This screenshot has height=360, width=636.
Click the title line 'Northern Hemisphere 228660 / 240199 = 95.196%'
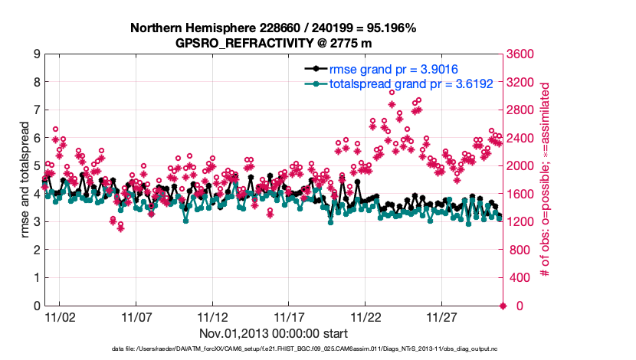[x=273, y=28]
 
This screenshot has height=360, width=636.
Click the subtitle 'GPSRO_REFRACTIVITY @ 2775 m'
[x=273, y=43]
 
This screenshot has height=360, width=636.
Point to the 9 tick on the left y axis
[x=36, y=54]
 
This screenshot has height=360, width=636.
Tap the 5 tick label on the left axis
[x=36, y=166]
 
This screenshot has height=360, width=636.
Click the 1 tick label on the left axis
[x=36, y=278]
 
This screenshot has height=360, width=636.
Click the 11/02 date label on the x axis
[x=59, y=317]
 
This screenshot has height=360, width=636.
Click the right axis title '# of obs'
[x=546, y=180]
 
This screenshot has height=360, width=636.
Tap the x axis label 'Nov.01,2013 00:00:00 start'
[x=274, y=333]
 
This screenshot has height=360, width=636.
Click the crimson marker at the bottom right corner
[x=503, y=306]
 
